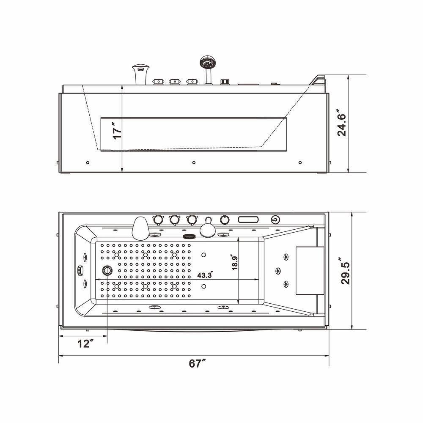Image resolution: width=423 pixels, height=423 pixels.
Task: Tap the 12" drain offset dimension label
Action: [x=85, y=343]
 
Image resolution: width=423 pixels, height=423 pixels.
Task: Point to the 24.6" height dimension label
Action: [x=341, y=123]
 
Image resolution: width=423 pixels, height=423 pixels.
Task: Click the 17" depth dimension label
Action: [x=117, y=130]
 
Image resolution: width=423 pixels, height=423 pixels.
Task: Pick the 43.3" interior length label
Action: [x=206, y=275]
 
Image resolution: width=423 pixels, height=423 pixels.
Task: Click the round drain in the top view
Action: [x=107, y=270]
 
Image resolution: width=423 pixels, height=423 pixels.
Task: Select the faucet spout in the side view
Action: [x=140, y=74]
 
